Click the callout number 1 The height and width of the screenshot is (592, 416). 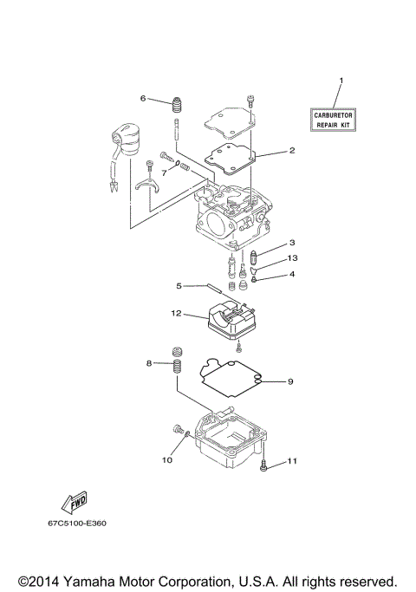(x=341, y=81)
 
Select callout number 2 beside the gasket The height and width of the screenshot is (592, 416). (x=292, y=151)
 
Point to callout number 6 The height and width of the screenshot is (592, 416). (x=144, y=98)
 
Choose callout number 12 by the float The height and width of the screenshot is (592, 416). (x=175, y=312)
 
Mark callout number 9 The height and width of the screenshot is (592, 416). (x=292, y=381)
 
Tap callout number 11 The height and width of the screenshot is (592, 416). (x=292, y=461)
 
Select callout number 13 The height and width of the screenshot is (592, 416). (x=292, y=258)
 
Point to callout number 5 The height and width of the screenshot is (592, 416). (x=179, y=284)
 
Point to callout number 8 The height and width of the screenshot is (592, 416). (x=149, y=363)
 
